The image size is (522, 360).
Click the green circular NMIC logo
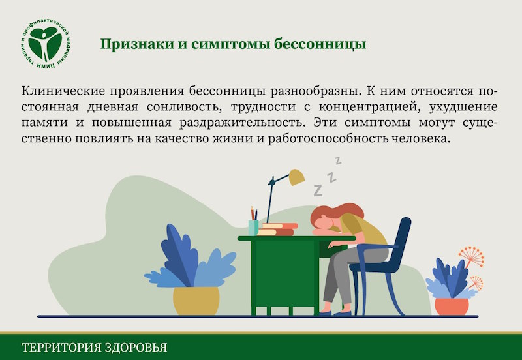tap(45, 44)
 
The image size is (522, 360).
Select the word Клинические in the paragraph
tap(63, 91)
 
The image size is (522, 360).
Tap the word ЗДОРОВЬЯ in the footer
tap(136, 348)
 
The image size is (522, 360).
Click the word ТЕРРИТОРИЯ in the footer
tap(61, 348)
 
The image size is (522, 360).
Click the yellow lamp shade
tap(296, 177)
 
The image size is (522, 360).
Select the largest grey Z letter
tap(318, 190)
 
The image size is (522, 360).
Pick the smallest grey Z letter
tap(338, 160)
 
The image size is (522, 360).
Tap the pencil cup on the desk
tap(253, 228)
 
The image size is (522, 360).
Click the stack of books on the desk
tap(277, 230)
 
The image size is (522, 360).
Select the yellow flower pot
tap(196, 300)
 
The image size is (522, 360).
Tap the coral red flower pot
tap(452, 307)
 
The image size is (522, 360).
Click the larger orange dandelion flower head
tap(472, 256)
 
